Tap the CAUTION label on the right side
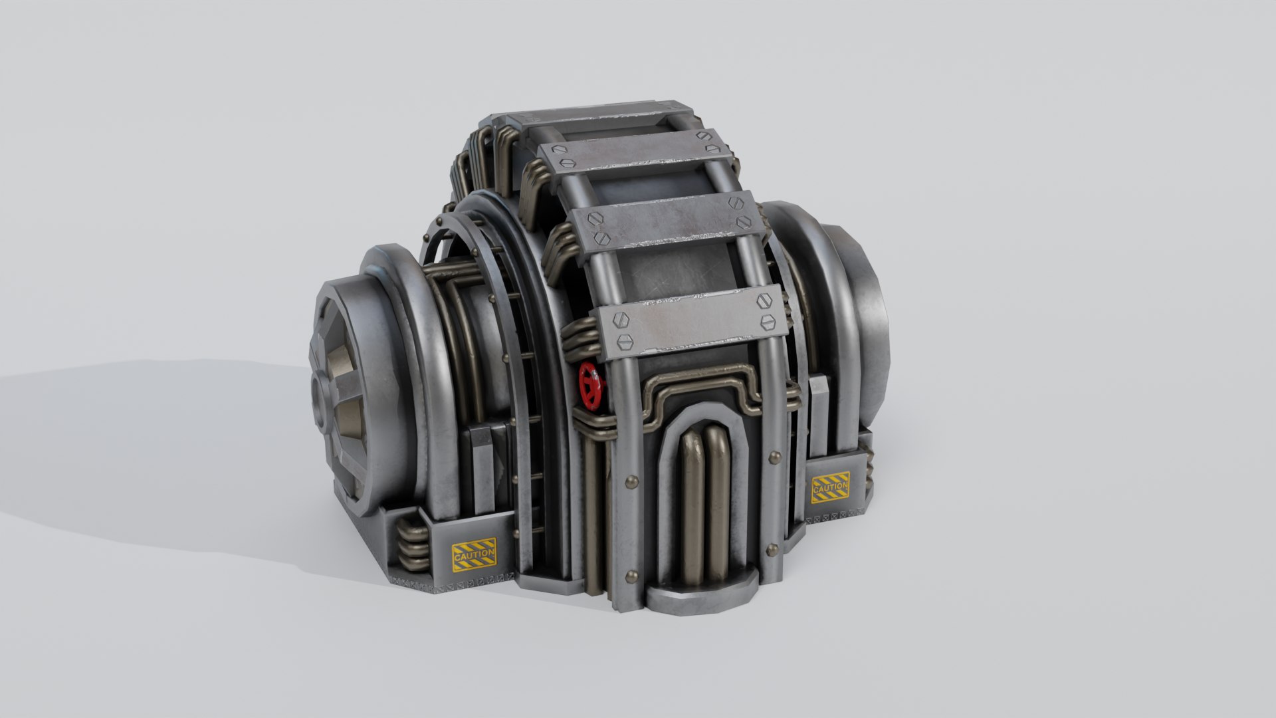pos(830,487)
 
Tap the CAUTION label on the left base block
pos(474,554)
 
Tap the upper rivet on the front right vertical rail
pos(772,457)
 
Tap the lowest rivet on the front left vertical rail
pos(629,576)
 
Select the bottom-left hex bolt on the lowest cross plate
pos(623,342)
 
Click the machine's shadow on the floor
pos(166,452)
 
